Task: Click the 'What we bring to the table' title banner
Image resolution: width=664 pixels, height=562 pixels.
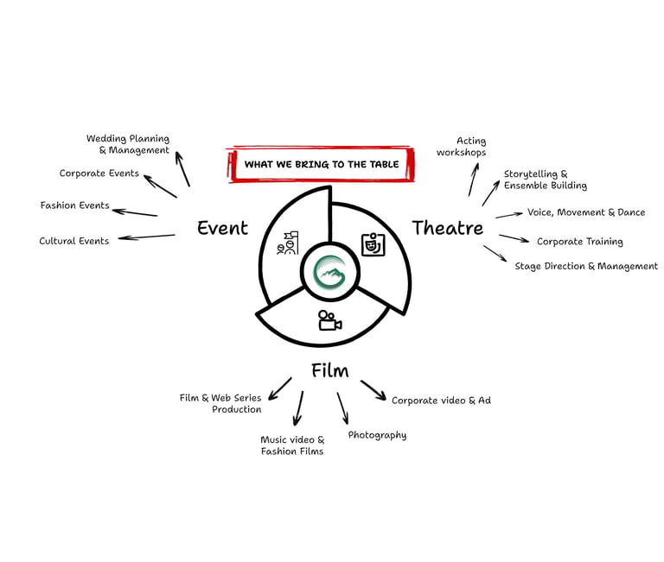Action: pyautogui.click(x=321, y=164)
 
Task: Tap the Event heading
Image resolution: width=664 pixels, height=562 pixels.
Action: pyautogui.click(x=222, y=229)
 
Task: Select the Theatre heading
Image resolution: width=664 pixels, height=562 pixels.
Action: pyautogui.click(x=447, y=228)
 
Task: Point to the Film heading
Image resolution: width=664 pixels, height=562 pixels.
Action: pyautogui.click(x=330, y=371)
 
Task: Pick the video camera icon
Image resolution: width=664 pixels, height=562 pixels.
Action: pyautogui.click(x=329, y=320)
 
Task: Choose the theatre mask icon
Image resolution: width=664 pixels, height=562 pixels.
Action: pyautogui.click(x=373, y=245)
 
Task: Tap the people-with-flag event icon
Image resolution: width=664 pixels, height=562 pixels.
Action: pyautogui.click(x=287, y=243)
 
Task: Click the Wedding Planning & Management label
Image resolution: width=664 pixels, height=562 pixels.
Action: pyautogui.click(x=129, y=144)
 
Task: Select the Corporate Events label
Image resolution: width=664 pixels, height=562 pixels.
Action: pyautogui.click(x=99, y=174)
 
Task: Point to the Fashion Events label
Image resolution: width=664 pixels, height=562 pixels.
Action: pyautogui.click(x=75, y=205)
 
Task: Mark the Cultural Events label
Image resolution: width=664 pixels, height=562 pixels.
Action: pyautogui.click(x=74, y=241)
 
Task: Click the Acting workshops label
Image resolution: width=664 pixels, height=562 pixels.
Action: pyautogui.click(x=462, y=147)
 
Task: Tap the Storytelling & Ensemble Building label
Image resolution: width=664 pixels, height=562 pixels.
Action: pyautogui.click(x=545, y=180)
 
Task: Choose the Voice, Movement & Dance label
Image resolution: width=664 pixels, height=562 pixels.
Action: pyautogui.click(x=586, y=212)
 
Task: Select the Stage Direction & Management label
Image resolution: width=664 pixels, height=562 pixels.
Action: pyautogui.click(x=586, y=266)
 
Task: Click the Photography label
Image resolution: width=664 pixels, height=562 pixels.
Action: pyautogui.click(x=377, y=435)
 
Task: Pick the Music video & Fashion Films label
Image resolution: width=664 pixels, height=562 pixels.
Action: pyautogui.click(x=292, y=445)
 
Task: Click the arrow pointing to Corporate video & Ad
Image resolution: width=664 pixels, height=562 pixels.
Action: pyautogui.click(x=373, y=390)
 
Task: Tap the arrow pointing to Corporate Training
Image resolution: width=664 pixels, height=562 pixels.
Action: pyautogui.click(x=514, y=239)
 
